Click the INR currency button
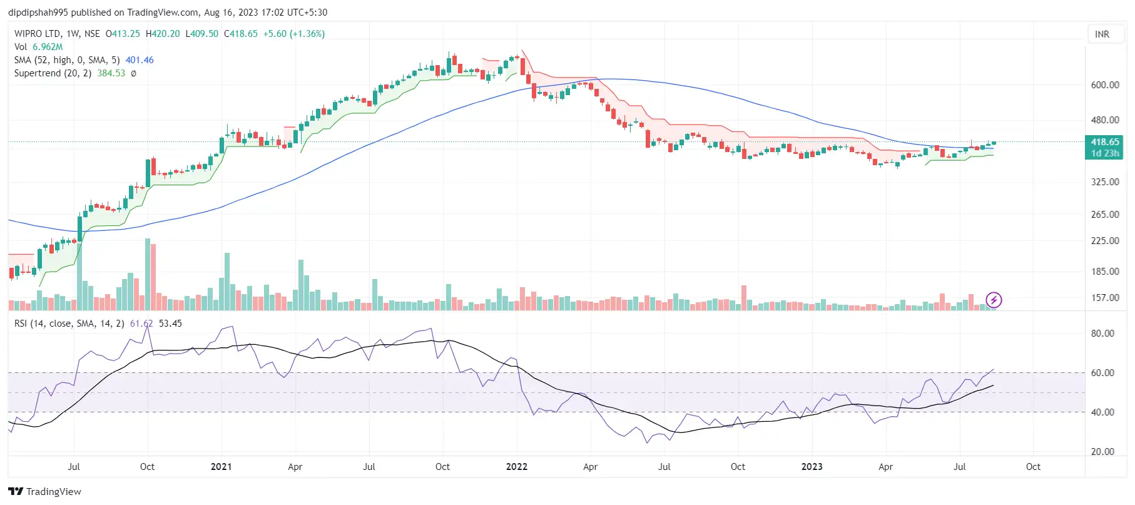tap(1102, 34)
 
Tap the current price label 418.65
tap(1105, 142)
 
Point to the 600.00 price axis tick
tap(1105, 85)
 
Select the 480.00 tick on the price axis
tap(1105, 120)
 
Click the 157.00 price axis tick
tap(1105, 298)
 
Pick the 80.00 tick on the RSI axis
tap(1102, 334)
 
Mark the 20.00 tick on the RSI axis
tap(1102, 452)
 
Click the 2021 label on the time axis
tap(221, 467)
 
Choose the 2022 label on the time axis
tap(516, 467)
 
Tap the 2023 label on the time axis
tap(812, 467)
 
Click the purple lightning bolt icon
tap(994, 300)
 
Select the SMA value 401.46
tap(140, 60)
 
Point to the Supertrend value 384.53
tap(111, 73)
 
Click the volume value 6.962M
tap(48, 47)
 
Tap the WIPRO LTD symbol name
tap(38, 34)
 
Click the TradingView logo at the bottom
tap(44, 492)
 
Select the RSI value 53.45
tap(170, 324)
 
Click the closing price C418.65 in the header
tap(241, 34)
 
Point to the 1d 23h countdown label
tap(1105, 153)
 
